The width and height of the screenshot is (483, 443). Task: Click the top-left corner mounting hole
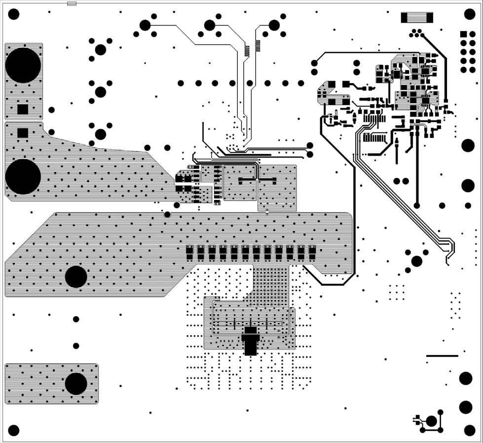pyautogui.click(x=14, y=14)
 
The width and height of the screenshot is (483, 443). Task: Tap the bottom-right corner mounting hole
pyautogui.click(x=470, y=430)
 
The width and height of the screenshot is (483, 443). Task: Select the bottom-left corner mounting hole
pyautogui.click(x=14, y=430)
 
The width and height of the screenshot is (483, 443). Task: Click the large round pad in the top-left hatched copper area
pyautogui.click(x=23, y=65)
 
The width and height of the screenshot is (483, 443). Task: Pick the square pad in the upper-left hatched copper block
pyautogui.click(x=23, y=109)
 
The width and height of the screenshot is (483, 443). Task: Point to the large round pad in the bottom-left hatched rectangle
pyautogui.click(x=76, y=384)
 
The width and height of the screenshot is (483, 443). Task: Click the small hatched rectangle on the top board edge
pyautogui.click(x=72, y=4)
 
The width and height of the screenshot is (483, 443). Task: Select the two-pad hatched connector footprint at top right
pyautogui.click(x=417, y=18)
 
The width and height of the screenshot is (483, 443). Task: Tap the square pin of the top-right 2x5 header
pyautogui.click(x=464, y=35)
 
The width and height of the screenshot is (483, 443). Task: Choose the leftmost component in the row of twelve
pyautogui.click(x=189, y=253)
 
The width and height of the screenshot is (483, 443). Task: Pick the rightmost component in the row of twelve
pyautogui.click(x=312, y=253)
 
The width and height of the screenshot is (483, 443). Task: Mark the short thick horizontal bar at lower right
pyautogui.click(x=442, y=356)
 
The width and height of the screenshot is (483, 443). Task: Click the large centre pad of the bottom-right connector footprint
pyautogui.click(x=432, y=421)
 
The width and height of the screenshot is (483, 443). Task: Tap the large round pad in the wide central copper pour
pyautogui.click(x=76, y=277)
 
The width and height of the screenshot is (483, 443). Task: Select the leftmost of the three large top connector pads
pyautogui.click(x=145, y=25)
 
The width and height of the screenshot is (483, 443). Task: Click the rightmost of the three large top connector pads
pyautogui.click(x=274, y=25)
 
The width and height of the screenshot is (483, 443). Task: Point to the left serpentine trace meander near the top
pyautogui.click(x=247, y=50)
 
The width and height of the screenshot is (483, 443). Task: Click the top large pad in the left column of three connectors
pyautogui.click(x=101, y=49)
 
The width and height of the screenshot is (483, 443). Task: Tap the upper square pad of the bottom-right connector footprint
pyautogui.click(x=417, y=417)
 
